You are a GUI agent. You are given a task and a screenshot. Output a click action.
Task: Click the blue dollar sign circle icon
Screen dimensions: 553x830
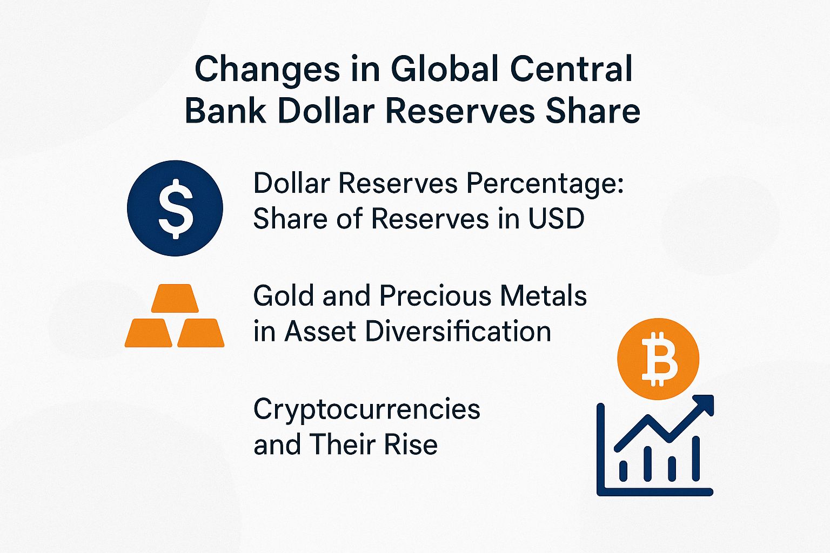pyautogui.click(x=175, y=208)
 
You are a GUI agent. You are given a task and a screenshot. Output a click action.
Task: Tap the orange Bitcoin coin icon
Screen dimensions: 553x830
pyautogui.click(x=658, y=359)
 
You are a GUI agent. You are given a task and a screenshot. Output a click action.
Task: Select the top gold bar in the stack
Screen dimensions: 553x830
pyautogui.click(x=172, y=299)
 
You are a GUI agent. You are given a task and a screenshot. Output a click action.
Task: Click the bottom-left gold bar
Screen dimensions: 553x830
pyautogui.click(x=148, y=333)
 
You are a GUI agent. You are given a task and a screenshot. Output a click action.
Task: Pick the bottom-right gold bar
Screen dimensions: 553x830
pyautogui.click(x=200, y=333)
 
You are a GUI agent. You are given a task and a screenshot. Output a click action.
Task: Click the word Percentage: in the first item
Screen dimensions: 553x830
pyautogui.click(x=545, y=184)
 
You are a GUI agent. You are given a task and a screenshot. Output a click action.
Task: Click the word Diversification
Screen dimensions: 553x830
pyautogui.click(x=458, y=331)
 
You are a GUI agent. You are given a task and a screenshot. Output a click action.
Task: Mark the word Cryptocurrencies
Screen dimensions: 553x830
pyautogui.click(x=366, y=409)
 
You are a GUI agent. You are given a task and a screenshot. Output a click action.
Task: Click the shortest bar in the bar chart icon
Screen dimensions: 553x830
pyautogui.click(x=623, y=470)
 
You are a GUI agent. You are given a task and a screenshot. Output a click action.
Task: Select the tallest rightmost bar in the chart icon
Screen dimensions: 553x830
pyautogui.click(x=696, y=459)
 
